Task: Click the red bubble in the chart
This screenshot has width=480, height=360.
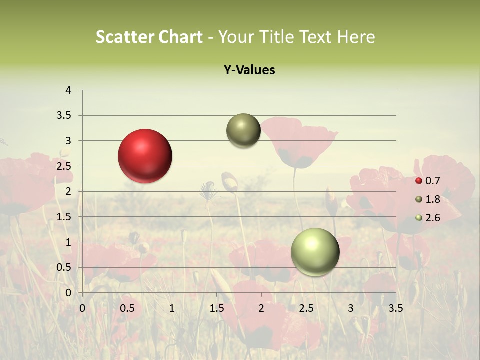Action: point(145,156)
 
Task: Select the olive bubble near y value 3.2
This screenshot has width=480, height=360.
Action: point(243,130)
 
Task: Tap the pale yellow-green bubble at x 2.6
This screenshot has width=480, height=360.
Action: point(315,252)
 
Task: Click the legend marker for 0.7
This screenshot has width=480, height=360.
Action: point(419,181)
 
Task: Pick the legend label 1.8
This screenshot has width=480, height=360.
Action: point(432,199)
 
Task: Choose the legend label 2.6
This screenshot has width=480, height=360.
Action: point(432,217)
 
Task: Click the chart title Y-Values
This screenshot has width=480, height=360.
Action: point(249,70)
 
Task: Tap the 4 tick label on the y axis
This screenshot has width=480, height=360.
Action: point(68,90)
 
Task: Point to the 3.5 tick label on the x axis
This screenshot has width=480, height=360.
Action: point(395,308)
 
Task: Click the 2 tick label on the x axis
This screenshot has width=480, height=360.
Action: point(261,308)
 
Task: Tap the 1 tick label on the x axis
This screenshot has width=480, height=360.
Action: point(172,308)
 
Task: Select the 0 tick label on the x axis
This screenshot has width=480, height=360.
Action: point(82,308)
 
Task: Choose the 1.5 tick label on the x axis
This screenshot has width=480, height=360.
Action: point(216,308)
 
